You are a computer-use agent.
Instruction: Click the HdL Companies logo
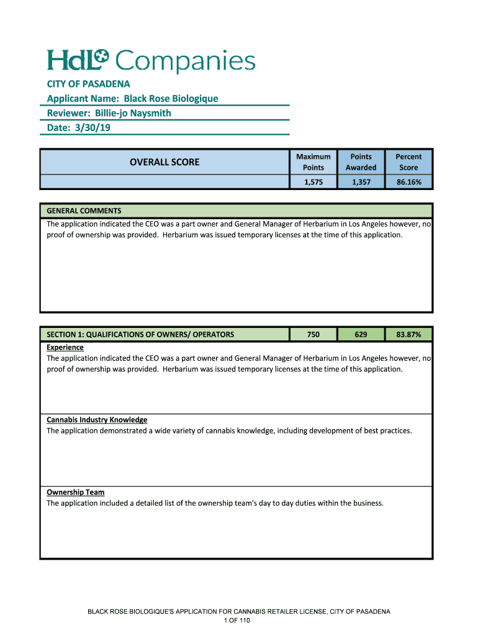[151, 61]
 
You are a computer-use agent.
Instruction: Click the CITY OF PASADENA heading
[88, 84]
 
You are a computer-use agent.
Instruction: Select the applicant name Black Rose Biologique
[171, 98]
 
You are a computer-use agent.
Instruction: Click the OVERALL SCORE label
[165, 162]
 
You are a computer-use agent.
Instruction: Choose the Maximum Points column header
[313, 162]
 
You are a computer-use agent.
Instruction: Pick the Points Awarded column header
[361, 162]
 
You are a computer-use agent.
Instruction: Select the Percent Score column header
[408, 162]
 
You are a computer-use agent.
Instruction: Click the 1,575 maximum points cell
[313, 182]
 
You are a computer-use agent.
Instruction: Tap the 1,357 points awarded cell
[361, 182]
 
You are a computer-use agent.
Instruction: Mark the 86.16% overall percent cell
[408, 182]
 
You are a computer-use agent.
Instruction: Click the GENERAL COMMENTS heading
[84, 211]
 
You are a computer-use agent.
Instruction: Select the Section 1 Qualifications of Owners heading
[140, 334]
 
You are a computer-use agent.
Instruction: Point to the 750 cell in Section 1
[313, 334]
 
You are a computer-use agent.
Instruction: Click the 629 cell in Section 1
[361, 334]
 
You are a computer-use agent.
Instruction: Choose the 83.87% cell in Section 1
[408, 334]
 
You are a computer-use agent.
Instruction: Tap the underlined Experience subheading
[65, 347]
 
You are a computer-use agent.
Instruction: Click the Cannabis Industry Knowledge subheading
[97, 420]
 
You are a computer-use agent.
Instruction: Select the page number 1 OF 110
[238, 620]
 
